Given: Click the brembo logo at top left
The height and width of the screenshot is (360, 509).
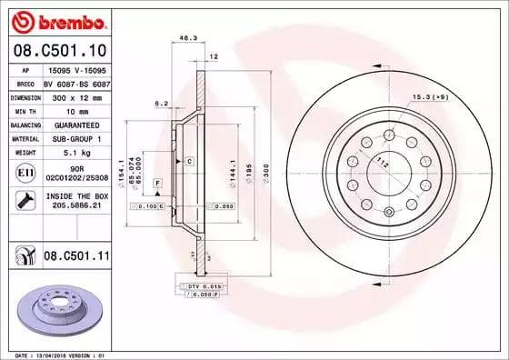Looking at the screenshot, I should click(x=58, y=21).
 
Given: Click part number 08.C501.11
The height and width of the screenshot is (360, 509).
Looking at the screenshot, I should click(x=76, y=258).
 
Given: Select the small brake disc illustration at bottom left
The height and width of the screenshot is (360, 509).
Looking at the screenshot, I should click(x=57, y=306).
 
